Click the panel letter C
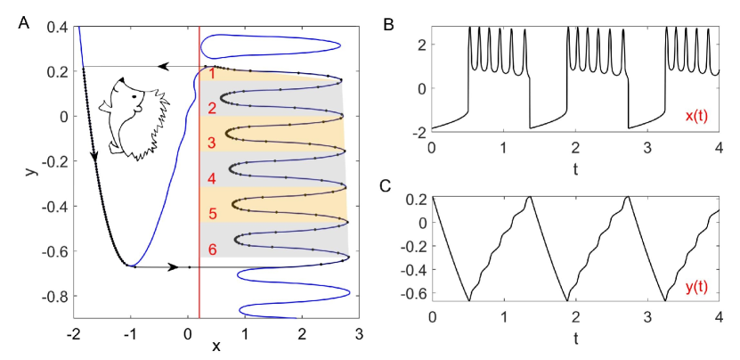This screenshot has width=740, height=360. tap(387, 184)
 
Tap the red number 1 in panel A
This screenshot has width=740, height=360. tap(212, 76)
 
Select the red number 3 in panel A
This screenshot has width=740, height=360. tap(212, 143)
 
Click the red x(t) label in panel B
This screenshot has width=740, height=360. tap(696, 116)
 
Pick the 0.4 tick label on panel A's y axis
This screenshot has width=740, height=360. tap(59, 28)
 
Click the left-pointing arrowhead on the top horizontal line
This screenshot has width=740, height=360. tap(163, 66)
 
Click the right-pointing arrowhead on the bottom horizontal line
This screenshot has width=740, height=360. tap(172, 266)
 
